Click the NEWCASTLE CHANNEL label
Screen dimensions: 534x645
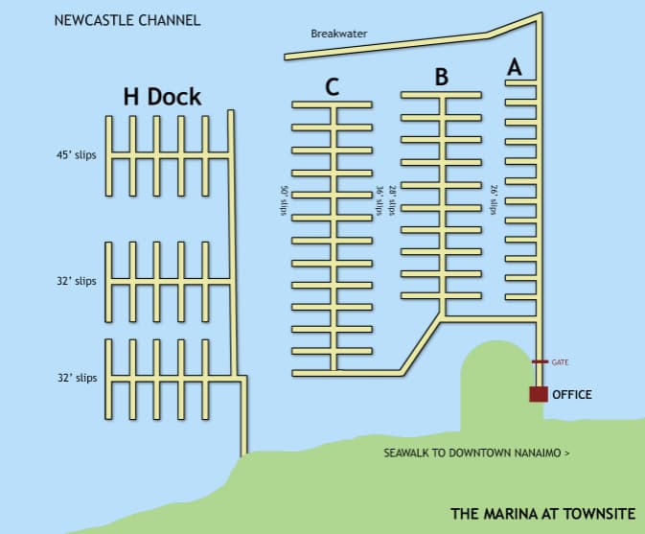point(127,20)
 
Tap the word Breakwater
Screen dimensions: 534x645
point(338,35)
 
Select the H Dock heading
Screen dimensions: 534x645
point(162,96)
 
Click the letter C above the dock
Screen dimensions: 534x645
point(332,87)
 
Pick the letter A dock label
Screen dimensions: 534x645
point(515,67)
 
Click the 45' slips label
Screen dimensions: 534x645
point(77,154)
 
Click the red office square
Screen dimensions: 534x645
point(538,393)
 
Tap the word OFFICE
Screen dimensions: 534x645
point(572,394)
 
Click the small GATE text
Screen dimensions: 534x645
point(561,362)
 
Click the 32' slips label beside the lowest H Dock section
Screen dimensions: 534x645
point(77,378)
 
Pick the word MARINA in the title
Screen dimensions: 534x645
point(503,514)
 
